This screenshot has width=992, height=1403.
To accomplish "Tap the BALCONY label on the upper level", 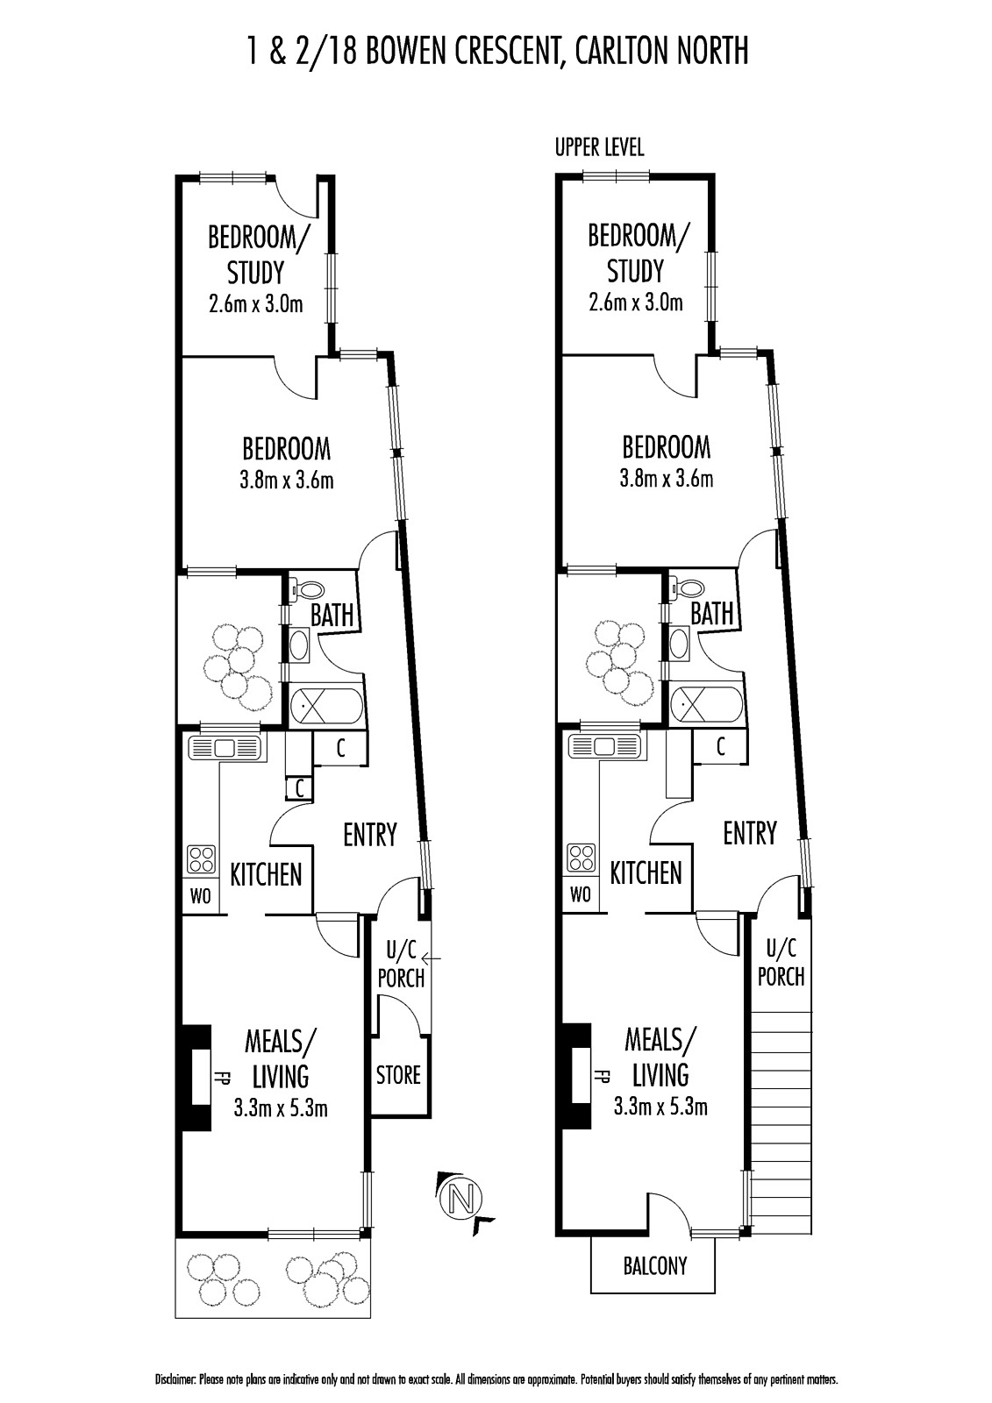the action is (x=655, y=1266).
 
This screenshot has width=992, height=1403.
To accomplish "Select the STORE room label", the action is (x=398, y=1075).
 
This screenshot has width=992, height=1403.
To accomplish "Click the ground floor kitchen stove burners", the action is (x=201, y=859).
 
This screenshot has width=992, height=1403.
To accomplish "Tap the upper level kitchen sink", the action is (x=605, y=746).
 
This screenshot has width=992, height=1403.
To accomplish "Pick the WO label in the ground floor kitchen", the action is (x=201, y=896).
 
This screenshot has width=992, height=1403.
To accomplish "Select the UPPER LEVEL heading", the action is (x=599, y=148).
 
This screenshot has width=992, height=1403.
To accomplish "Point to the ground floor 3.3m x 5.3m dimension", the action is (x=280, y=1108).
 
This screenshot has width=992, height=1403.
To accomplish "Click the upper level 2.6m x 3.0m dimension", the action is (x=635, y=303).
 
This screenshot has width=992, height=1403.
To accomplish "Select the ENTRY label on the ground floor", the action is (x=370, y=835).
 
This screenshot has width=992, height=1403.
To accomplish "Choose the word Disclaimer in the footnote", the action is (x=176, y=1380).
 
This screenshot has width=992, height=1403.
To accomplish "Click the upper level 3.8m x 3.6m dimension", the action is (x=666, y=479).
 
